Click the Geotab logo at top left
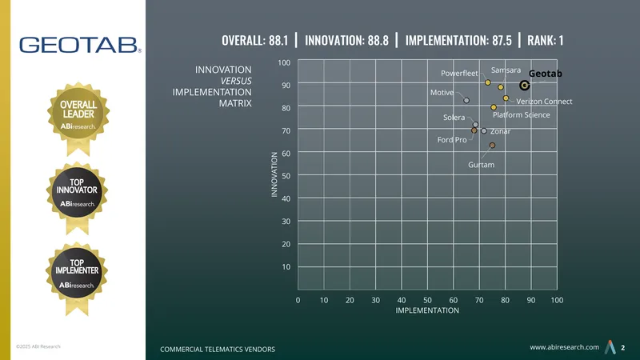coord(80,45)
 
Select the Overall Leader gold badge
coord(78,118)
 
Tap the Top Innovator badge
coord(77,198)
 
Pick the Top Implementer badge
coord(77,278)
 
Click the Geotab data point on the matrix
coord(525,86)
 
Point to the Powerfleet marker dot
coord(488,82)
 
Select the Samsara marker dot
coord(501,87)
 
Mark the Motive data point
coord(466,101)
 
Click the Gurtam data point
coord(492,146)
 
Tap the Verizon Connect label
coord(544,102)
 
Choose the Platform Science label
coord(522,114)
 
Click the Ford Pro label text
coord(452,139)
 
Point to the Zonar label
coord(501,131)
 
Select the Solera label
coord(454,118)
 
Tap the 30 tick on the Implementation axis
coord(375,300)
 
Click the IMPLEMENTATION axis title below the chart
coord(427,310)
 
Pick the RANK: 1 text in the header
coord(546,41)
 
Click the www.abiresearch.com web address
coord(565,347)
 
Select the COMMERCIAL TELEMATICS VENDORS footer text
coord(218,350)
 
